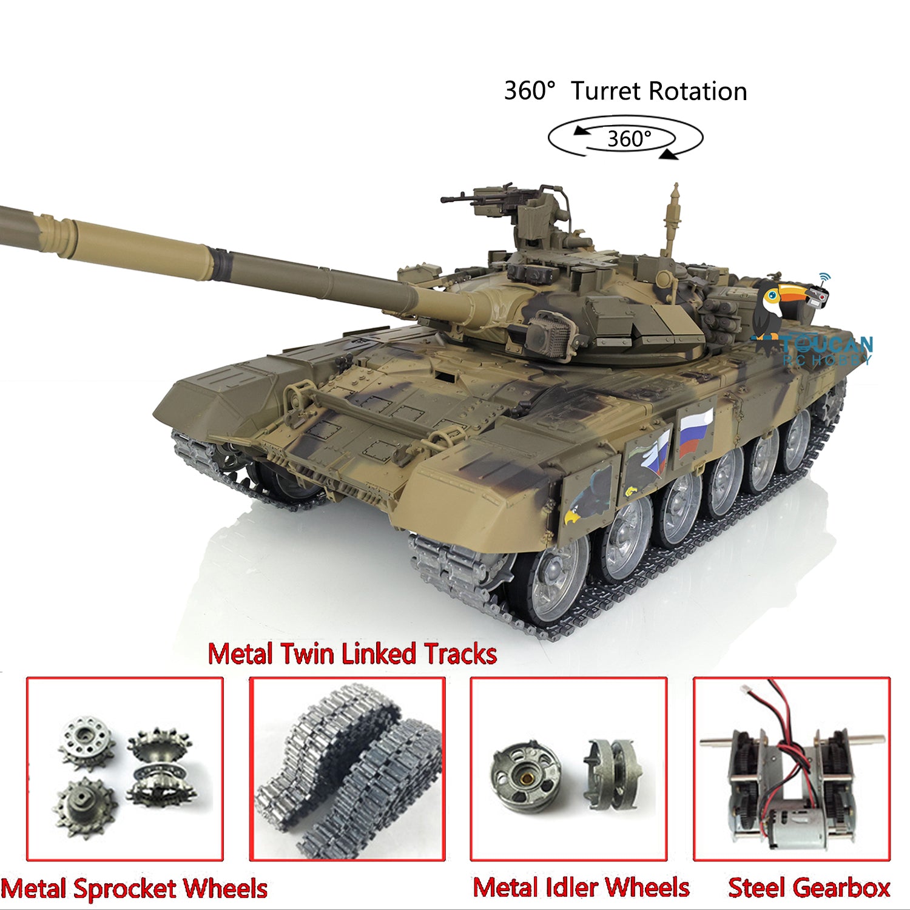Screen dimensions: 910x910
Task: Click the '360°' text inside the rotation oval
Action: click(x=629, y=139)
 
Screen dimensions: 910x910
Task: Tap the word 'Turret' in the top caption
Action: click(x=607, y=91)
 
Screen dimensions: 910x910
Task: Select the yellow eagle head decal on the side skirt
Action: click(x=572, y=515)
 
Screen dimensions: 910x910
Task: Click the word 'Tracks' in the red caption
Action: click(x=460, y=654)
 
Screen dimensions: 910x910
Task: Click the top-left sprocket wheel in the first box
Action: click(x=87, y=741)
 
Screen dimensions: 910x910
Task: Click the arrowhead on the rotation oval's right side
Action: click(x=669, y=155)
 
